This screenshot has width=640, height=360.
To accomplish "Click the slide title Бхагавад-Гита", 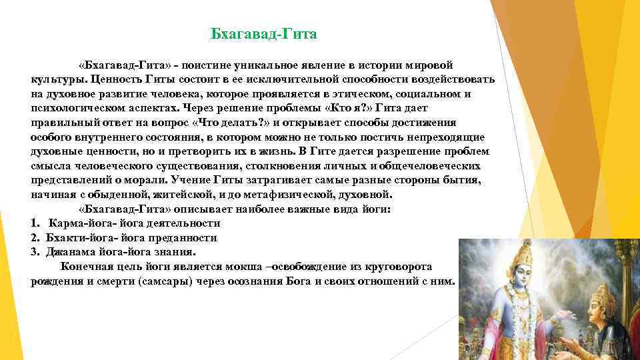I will tap(263, 33).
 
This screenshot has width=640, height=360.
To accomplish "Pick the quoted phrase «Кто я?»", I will tap(348, 108).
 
